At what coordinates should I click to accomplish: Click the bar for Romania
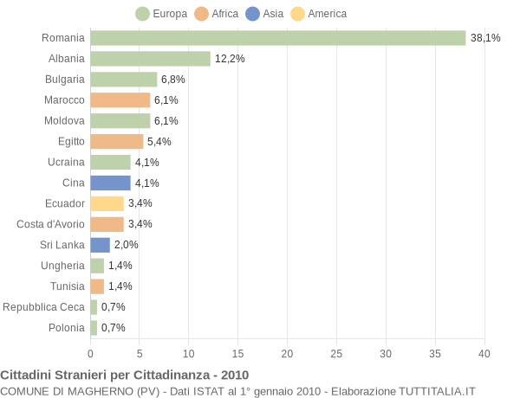coord(277,38)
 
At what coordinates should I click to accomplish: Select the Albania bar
coord(150,59)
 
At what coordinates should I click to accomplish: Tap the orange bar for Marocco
coord(120,100)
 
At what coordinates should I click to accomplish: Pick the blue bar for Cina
coord(110,183)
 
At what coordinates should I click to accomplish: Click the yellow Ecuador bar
coord(107,203)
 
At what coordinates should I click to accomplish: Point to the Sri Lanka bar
coord(100,245)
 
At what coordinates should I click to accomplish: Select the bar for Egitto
coord(116,141)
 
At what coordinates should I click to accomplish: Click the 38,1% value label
coord(485,38)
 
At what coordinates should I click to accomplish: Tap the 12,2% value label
coord(230,59)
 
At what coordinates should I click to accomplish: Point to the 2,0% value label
coord(127,245)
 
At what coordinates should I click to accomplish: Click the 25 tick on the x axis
coord(336,353)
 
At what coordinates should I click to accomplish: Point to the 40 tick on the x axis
coord(484,353)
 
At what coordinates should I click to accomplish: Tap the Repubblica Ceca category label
coord(44,307)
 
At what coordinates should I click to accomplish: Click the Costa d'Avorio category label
coord(50,224)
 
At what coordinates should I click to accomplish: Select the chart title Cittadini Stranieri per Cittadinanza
coord(124,375)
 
